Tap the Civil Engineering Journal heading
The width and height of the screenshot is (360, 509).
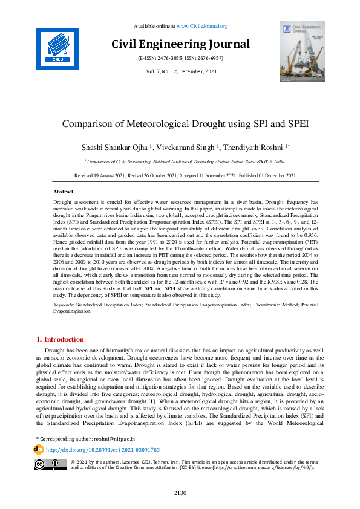(x=180, y=44)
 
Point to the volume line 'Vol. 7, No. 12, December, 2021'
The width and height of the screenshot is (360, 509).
(x=180, y=72)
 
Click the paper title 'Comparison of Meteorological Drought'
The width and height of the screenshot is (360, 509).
(x=185, y=124)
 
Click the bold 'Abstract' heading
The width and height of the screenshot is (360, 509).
(x=64, y=190)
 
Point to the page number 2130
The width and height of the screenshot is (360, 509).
(x=180, y=494)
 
